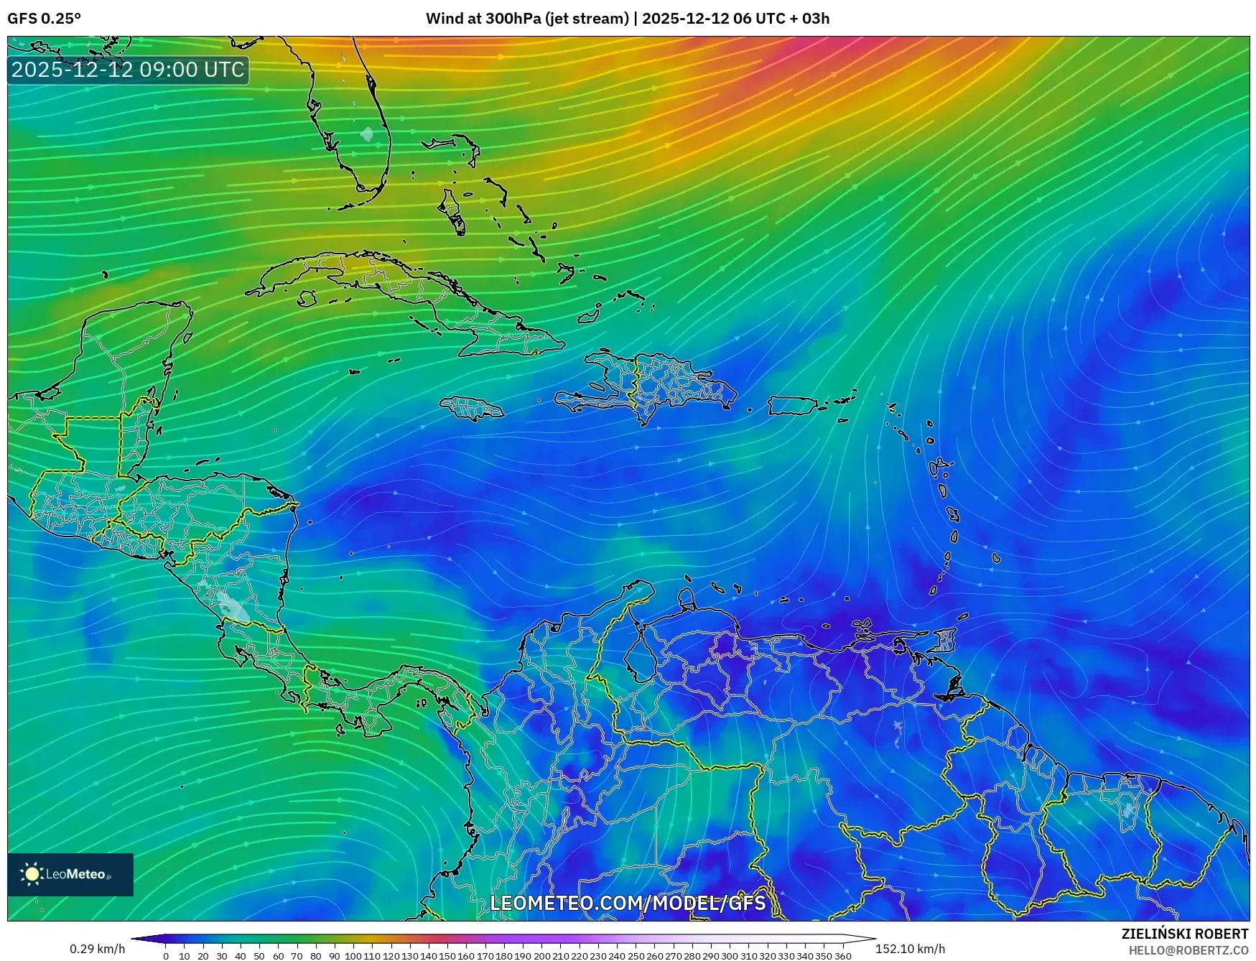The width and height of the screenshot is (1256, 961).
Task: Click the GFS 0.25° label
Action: pos(44,19)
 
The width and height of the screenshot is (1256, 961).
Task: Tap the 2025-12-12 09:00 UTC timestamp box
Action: pos(129,70)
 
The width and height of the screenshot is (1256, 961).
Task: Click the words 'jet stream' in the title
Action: pos(587,19)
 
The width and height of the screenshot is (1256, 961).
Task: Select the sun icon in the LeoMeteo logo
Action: pos(32,873)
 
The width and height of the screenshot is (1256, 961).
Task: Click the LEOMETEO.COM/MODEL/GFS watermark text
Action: pos(628,903)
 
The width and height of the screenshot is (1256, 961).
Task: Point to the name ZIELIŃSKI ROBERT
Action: pos(1184,934)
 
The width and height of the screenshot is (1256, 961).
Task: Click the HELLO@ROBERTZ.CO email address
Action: pos(1188,950)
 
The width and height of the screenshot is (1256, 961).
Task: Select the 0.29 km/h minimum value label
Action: pos(97,949)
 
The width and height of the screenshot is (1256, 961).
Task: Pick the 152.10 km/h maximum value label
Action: pos(910,949)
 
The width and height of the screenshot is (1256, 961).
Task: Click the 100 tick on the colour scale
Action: pos(353,955)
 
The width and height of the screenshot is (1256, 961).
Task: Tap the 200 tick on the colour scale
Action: pos(541,955)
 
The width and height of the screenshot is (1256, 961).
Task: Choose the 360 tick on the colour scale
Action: pos(842,955)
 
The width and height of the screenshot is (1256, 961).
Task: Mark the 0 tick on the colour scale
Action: pos(166,955)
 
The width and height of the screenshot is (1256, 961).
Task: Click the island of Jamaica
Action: pos(472,409)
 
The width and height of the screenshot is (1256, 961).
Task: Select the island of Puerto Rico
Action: pos(792,406)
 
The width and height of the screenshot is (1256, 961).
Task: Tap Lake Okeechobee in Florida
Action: pos(367,134)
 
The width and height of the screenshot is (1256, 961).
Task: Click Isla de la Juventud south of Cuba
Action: pos(307,298)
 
